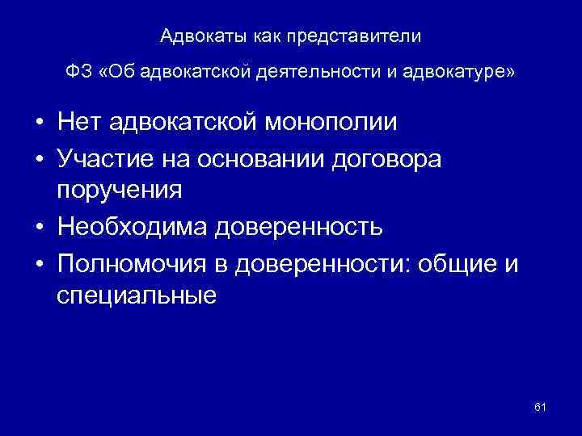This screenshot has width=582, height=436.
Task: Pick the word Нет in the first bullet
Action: pyautogui.click(x=80, y=124)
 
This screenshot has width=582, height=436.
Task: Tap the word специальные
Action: pyautogui.click(x=137, y=295)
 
